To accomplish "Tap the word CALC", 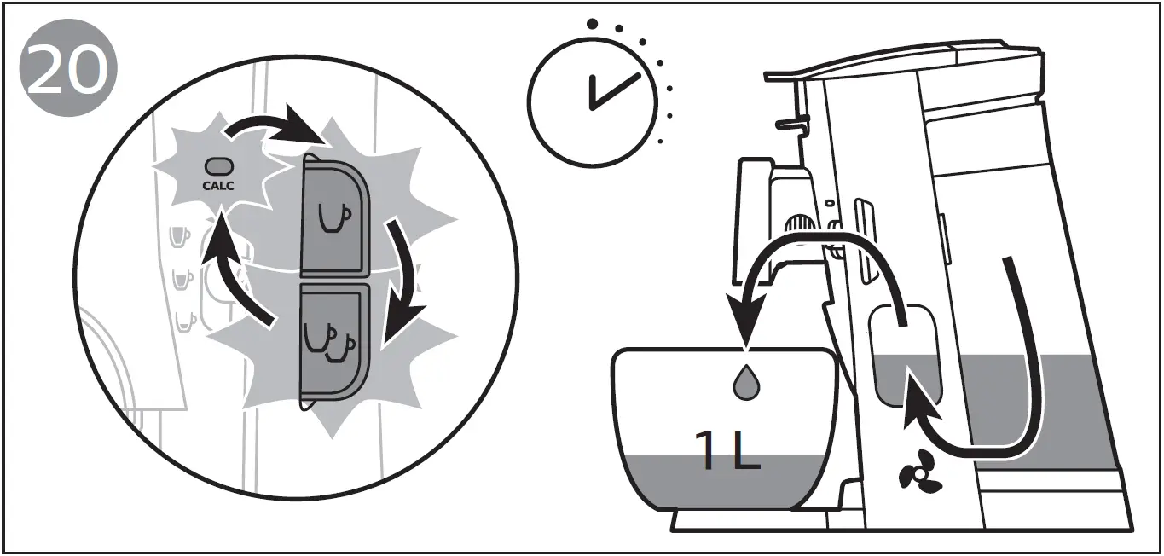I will tap(218, 184).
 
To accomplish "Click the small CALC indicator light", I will tap(218, 167).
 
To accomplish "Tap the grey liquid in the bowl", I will tap(725, 482).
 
